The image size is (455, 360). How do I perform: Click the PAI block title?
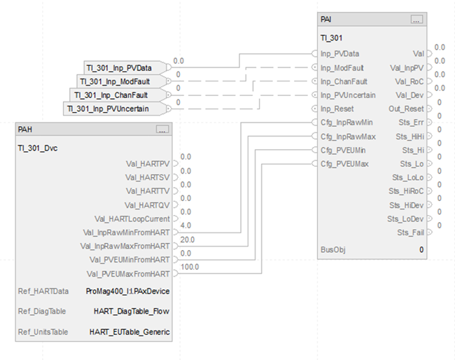click(326, 20)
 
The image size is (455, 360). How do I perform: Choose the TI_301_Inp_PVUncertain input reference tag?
click(112, 109)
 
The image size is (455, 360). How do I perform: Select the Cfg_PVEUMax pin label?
click(346, 164)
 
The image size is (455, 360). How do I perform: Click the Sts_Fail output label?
click(410, 232)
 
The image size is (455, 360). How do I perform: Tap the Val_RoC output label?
click(409, 81)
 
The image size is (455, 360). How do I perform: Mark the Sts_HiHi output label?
click(410, 136)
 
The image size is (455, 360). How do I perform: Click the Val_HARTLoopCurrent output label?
click(132, 219)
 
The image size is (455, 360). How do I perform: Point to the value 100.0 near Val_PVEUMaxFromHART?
click(190, 267)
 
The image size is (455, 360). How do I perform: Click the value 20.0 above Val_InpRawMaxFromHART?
click(188, 239)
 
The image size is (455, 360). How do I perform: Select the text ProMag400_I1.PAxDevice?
click(127, 290)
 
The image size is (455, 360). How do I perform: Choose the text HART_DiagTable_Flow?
click(132, 310)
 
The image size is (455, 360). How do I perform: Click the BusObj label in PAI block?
click(333, 249)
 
